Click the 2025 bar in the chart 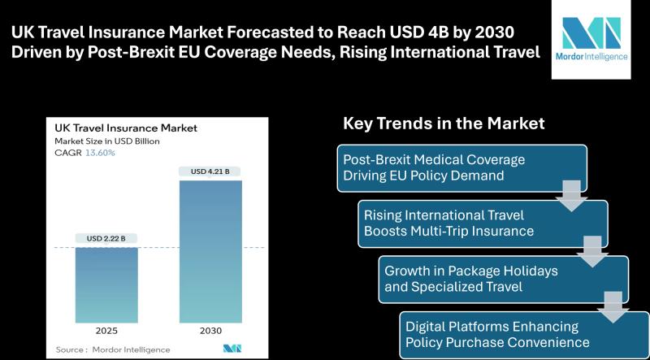click(x=107, y=285)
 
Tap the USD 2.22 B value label click(x=107, y=238)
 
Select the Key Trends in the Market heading click(x=444, y=124)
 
